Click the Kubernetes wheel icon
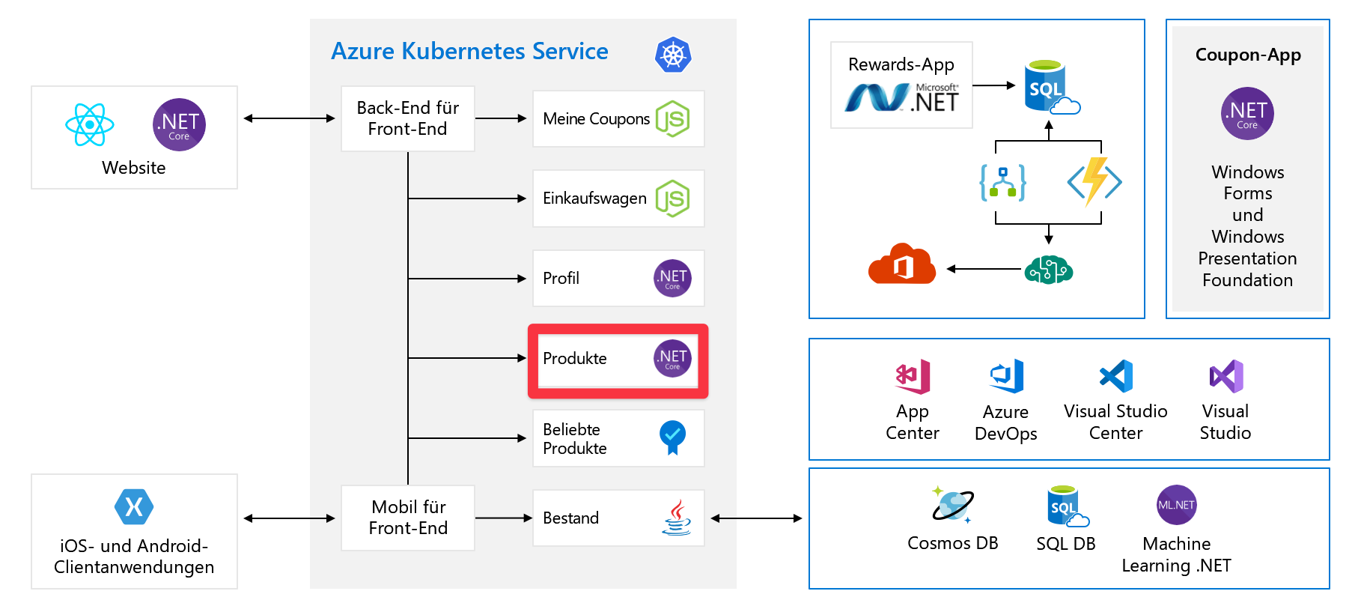click(x=673, y=55)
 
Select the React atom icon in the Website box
click(x=90, y=124)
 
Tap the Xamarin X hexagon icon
click(x=134, y=507)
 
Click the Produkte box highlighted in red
click(x=618, y=360)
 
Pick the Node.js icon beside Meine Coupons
click(x=672, y=119)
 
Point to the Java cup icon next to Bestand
click(x=677, y=518)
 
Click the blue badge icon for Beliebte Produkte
click(x=672, y=437)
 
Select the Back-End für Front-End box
click(x=408, y=118)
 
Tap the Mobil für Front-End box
click(x=408, y=518)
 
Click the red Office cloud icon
click(x=901, y=264)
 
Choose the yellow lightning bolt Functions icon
click(x=1094, y=181)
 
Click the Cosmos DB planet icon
click(x=952, y=504)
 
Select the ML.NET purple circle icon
click(x=1176, y=505)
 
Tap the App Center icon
click(x=913, y=376)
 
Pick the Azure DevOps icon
click(x=1006, y=376)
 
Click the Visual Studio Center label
click(x=1115, y=422)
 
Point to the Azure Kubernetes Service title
click(x=469, y=51)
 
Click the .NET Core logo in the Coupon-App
click(x=1247, y=114)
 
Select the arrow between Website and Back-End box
click(x=289, y=118)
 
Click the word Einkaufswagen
click(x=594, y=199)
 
